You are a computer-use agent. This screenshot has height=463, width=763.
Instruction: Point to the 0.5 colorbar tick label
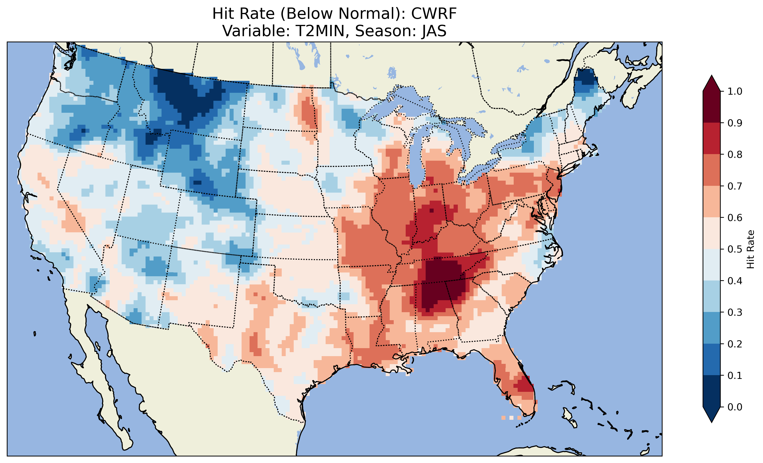point(735,249)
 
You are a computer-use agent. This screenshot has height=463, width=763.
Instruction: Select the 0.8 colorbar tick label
point(735,155)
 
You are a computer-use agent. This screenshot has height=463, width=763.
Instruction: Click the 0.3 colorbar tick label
point(735,313)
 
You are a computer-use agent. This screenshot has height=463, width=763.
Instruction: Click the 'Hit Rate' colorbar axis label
point(750,249)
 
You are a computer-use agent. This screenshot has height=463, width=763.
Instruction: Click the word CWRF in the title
point(434,14)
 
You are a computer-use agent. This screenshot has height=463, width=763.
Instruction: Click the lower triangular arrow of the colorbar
point(712,414)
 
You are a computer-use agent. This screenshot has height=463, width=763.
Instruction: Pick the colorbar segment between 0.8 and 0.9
point(712,139)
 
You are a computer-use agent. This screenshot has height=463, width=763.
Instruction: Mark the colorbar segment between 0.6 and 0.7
point(712,202)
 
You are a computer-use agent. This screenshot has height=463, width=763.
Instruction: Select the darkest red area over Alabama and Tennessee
point(440,282)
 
